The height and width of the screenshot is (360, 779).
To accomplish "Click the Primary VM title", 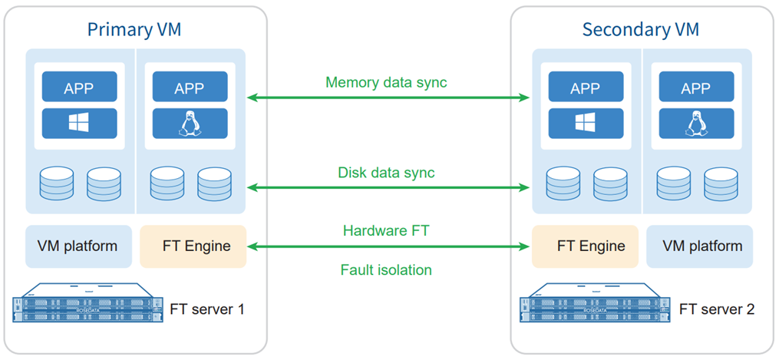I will pyautogui.click(x=134, y=30).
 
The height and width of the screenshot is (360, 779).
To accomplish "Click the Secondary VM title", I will pyautogui.click(x=641, y=30).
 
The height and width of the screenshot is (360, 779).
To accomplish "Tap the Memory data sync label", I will pyautogui.click(x=386, y=82).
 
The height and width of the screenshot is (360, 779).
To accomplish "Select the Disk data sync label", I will pyautogui.click(x=386, y=173).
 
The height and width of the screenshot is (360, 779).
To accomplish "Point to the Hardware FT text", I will pyautogui.click(x=387, y=230).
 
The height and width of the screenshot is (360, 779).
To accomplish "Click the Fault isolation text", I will pyautogui.click(x=386, y=269).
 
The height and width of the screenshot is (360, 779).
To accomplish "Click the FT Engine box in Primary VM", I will pyautogui.click(x=193, y=246).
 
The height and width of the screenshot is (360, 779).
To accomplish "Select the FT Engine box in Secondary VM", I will pyautogui.click(x=585, y=246).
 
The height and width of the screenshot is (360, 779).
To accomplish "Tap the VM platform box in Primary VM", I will pyautogui.click(x=78, y=246).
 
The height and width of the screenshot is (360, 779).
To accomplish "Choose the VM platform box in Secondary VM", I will pyautogui.click(x=699, y=246).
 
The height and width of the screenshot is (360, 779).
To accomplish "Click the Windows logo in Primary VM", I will pyautogui.click(x=79, y=123).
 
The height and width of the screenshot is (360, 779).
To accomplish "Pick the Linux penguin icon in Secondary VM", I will pyautogui.click(x=695, y=123).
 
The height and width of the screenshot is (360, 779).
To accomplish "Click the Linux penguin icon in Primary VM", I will pyautogui.click(x=190, y=123).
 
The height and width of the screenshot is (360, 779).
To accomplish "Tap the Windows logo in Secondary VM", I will pyautogui.click(x=586, y=123).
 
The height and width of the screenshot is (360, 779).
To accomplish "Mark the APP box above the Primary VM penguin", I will pyautogui.click(x=190, y=88).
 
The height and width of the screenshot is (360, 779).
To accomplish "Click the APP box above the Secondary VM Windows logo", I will pyautogui.click(x=586, y=88).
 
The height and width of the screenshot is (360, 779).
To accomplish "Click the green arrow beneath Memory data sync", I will pyautogui.click(x=388, y=97).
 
